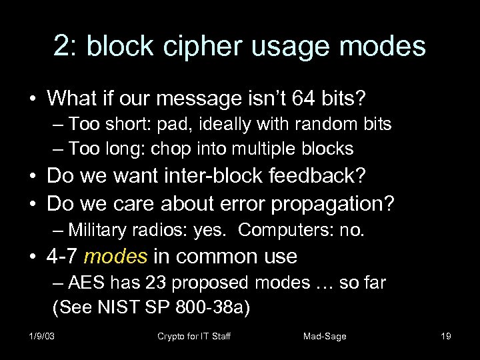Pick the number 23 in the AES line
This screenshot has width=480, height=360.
140,283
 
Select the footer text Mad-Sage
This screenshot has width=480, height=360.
325,336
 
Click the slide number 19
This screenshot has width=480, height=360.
446,336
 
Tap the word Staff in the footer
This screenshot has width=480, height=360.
218,336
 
